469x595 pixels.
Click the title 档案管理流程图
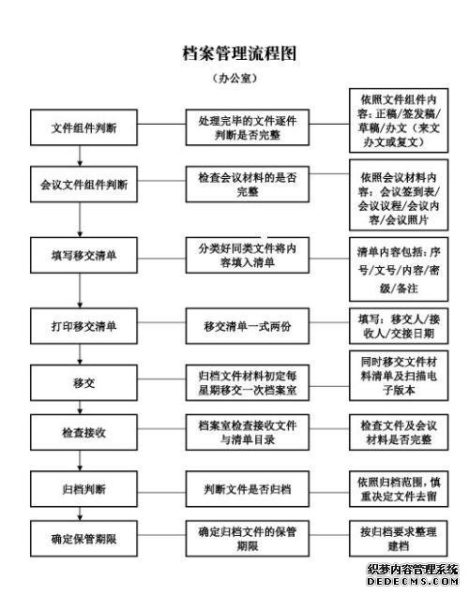click(239, 53)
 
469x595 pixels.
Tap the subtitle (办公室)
click(235, 78)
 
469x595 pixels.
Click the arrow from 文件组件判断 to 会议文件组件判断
click(80, 156)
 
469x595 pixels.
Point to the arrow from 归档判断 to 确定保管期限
click(80, 513)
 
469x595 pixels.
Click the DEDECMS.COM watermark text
click(413, 581)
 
